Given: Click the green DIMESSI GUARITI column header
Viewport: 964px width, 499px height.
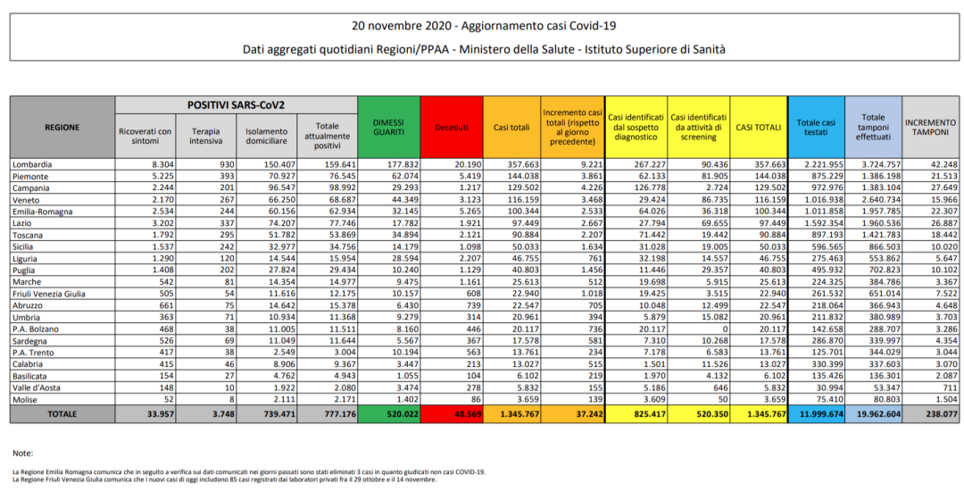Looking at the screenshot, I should tap(388, 127).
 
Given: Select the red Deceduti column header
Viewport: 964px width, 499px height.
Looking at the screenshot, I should tap(451, 128).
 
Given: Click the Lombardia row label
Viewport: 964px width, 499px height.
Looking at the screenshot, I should tap(33, 165).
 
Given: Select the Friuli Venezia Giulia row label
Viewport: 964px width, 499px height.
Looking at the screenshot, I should tap(49, 294).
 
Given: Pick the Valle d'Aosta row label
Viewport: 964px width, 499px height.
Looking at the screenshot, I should tap(37, 390).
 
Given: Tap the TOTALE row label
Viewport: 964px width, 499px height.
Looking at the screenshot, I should tap(62, 413).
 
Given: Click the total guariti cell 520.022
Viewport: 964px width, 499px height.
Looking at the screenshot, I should tap(396, 413).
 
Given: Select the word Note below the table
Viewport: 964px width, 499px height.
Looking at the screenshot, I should tap(23, 453).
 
